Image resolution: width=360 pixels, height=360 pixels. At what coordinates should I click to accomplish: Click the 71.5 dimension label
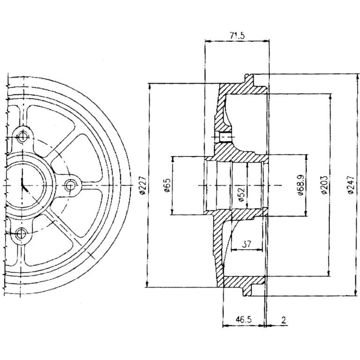point(237,36)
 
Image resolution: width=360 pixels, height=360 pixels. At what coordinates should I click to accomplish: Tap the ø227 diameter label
point(142,186)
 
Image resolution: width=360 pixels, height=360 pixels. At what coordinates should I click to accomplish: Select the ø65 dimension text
point(167,186)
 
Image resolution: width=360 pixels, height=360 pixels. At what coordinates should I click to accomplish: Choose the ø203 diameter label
point(324,185)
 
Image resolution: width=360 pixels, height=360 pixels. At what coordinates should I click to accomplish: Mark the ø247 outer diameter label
point(351,185)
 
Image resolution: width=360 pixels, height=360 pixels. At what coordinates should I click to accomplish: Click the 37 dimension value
point(247,244)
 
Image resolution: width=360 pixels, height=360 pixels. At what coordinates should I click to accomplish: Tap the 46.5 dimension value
point(244,319)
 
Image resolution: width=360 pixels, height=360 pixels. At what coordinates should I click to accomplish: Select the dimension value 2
point(284,320)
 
